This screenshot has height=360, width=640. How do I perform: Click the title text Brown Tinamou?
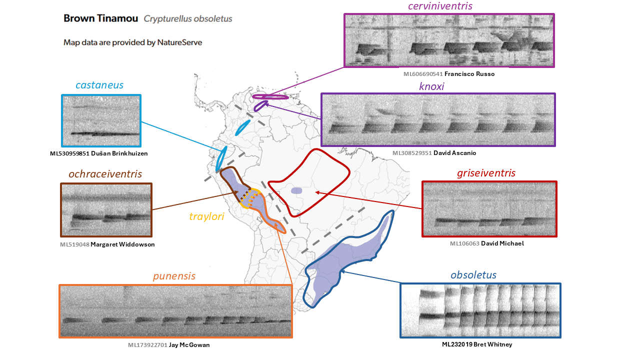click(x=100, y=19)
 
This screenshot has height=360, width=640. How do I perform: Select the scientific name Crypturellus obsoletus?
click(x=188, y=19)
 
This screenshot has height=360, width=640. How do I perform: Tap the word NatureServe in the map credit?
click(x=179, y=42)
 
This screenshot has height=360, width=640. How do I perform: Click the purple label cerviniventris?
click(x=447, y=6)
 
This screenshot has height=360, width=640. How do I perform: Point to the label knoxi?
click(x=431, y=86)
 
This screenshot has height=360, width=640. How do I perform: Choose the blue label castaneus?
click(x=99, y=85)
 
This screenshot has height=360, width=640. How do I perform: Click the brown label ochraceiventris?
click(x=105, y=174)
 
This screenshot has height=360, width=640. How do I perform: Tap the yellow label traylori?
click(x=207, y=216)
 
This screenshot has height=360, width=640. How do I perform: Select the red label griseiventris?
click(x=486, y=173)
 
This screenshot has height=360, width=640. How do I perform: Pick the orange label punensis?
click(x=174, y=276)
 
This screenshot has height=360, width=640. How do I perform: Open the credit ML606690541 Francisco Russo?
click(x=449, y=74)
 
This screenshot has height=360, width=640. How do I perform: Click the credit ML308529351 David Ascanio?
click(x=434, y=153)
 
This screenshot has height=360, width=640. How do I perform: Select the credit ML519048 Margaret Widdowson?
click(x=107, y=244)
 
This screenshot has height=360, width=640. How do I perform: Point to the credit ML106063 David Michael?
click(x=486, y=243)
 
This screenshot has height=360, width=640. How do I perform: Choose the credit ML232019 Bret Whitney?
click(x=477, y=344)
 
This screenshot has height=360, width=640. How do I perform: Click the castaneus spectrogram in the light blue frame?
click(x=101, y=120)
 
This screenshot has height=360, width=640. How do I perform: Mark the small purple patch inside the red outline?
click(x=296, y=190)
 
